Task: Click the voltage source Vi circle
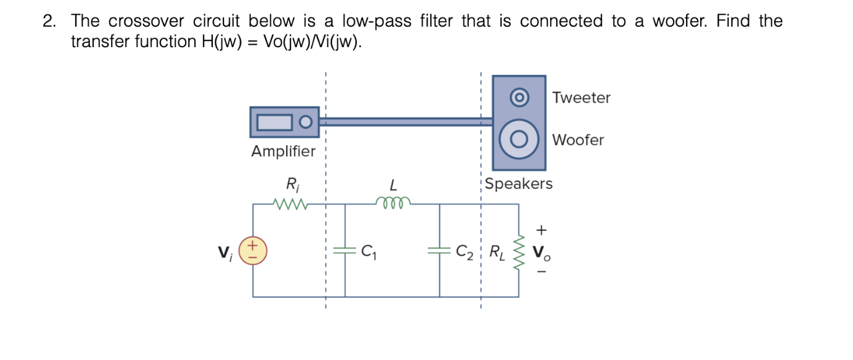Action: point(253,251)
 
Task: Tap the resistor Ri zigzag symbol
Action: point(289,203)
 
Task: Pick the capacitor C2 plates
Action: point(440,251)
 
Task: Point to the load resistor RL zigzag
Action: point(519,251)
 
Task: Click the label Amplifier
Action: point(283,151)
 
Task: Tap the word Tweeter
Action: point(581,97)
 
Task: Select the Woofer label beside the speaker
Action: point(577,140)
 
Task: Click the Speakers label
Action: point(518,184)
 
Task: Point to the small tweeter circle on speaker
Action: point(519,97)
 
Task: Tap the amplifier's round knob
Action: point(305,122)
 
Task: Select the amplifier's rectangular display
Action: point(274,122)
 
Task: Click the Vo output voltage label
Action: point(541,253)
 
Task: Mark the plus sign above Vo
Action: point(541,230)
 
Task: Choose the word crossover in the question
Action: point(146,21)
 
